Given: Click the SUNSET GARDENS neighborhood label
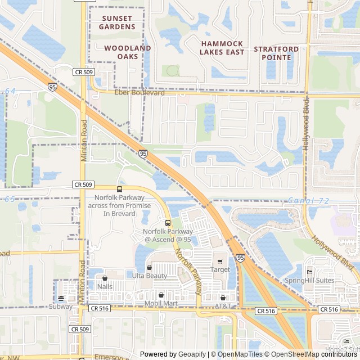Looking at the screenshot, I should click(x=118, y=22).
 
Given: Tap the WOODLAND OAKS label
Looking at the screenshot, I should click(x=128, y=52).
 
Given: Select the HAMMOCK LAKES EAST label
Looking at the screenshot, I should click(x=222, y=48).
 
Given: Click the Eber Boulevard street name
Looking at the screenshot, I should click(x=139, y=93).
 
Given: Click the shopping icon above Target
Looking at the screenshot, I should click(x=220, y=261).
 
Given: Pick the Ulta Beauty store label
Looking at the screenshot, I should click(x=150, y=276).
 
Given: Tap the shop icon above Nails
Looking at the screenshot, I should click(x=105, y=278).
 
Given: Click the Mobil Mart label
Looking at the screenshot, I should click(x=161, y=304).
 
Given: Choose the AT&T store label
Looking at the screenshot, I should click(x=223, y=305).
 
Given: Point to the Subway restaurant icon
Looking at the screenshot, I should click(x=61, y=298).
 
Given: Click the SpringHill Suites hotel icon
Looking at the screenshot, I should click(x=309, y=272).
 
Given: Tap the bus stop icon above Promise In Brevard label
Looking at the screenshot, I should click(x=119, y=189).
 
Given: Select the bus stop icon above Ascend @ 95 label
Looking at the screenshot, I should click(x=168, y=223).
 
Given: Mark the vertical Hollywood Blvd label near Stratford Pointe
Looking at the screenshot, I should click(x=306, y=123).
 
